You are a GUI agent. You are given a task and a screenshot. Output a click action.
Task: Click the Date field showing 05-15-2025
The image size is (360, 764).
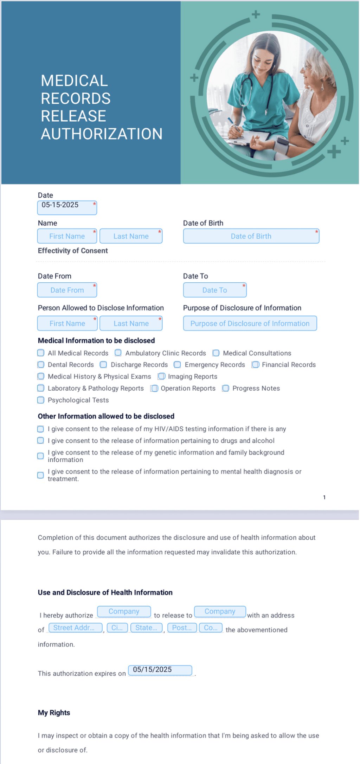pos(67,207)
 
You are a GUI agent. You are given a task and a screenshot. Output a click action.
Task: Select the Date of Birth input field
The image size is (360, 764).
pos(251,236)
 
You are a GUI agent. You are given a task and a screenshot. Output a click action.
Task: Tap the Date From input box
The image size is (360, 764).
pos(67,290)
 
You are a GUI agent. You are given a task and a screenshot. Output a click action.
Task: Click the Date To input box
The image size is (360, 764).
pos(214,290)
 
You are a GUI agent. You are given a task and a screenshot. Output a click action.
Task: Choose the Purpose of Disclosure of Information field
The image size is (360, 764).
pos(250,323)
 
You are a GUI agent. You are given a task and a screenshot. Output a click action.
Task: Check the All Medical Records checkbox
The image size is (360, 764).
pos(41,353)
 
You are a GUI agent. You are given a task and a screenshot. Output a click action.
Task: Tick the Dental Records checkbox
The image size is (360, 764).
pos(41,365)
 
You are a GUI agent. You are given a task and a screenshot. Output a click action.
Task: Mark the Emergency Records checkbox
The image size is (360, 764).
pos(178,365)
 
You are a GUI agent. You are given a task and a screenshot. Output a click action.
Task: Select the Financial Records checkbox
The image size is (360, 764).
pos(255,365)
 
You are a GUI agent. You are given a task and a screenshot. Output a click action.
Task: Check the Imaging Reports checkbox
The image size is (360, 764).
pos(161,376)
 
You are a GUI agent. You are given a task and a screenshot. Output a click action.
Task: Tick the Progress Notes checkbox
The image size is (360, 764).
pos(226,388)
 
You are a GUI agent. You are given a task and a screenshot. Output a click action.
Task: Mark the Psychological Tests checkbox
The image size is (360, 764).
pos(41,400)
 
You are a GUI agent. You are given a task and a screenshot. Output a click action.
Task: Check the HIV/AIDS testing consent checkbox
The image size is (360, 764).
pos(41,429)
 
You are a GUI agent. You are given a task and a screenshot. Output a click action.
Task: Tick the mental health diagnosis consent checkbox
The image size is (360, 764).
pos(41,475)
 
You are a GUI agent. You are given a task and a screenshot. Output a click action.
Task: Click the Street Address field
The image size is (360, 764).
pos(75,628)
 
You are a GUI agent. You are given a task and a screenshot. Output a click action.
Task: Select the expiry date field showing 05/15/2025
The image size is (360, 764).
pos(160,670)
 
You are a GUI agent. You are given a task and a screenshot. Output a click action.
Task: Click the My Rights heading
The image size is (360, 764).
pos(54,713)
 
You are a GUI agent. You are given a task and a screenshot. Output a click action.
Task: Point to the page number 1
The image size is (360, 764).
pos(324,497)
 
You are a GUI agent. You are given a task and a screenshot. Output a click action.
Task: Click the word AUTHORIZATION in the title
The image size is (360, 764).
pos(102,134)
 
